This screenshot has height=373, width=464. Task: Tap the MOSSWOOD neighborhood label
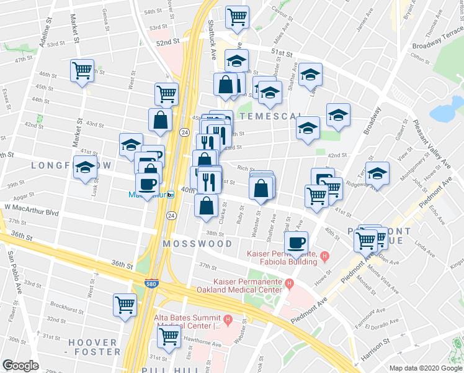pyautogui.click(x=192, y=244)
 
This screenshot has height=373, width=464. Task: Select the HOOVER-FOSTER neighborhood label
pyautogui.click(x=94, y=347)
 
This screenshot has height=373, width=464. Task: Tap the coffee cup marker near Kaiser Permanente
pyautogui.click(x=297, y=242)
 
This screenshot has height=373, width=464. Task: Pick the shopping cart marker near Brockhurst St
pyautogui.click(x=125, y=305)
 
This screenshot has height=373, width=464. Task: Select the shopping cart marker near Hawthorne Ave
pyautogui.click(x=169, y=337)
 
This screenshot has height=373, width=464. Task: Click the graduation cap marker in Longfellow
pyautogui.click(x=85, y=167)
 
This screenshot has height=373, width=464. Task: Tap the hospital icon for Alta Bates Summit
pyautogui.click(x=228, y=321)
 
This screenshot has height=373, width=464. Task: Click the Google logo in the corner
pyautogui.click(x=21, y=365)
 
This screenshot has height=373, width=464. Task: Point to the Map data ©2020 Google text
pyautogui.click(x=426, y=368)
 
